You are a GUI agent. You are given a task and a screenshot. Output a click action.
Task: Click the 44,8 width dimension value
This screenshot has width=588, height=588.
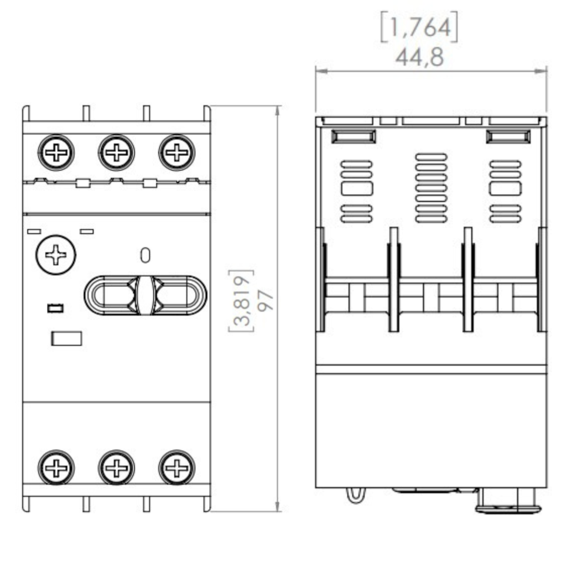pyautogui.click(x=419, y=57)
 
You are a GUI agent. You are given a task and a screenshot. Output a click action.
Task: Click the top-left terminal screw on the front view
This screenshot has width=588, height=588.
pyautogui.click(x=56, y=153)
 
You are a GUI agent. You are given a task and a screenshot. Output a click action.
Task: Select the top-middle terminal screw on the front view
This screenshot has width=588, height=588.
pyautogui.click(x=116, y=153)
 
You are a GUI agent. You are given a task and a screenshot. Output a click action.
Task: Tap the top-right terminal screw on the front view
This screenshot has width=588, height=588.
pyautogui.click(x=176, y=153)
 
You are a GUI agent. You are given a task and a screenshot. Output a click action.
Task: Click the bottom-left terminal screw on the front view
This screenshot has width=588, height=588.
pyautogui.click(x=56, y=468)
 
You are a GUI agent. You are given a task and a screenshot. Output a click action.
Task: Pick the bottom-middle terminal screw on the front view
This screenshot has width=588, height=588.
pyautogui.click(x=116, y=468)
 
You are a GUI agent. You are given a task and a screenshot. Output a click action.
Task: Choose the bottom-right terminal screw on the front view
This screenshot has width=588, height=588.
pyautogui.click(x=176, y=468)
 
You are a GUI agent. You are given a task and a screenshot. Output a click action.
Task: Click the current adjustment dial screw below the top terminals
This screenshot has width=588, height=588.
pyautogui.click(x=56, y=255)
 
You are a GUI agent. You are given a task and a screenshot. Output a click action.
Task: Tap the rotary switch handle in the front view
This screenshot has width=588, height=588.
pyautogui.click(x=145, y=294)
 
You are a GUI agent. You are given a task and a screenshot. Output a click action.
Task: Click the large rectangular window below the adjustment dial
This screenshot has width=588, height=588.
pyautogui.click(x=66, y=338)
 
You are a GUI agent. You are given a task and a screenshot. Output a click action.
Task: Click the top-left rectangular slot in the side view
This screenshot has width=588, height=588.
pyautogui.click(x=353, y=137)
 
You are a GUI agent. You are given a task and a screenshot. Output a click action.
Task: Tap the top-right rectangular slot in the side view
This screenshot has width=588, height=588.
pyautogui.click(x=507, y=137)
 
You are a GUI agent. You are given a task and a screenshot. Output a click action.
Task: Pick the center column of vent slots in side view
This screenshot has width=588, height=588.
pyautogui.click(x=431, y=188)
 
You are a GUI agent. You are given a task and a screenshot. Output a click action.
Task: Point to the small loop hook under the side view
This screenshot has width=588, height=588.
pyautogui.click(x=354, y=495)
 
